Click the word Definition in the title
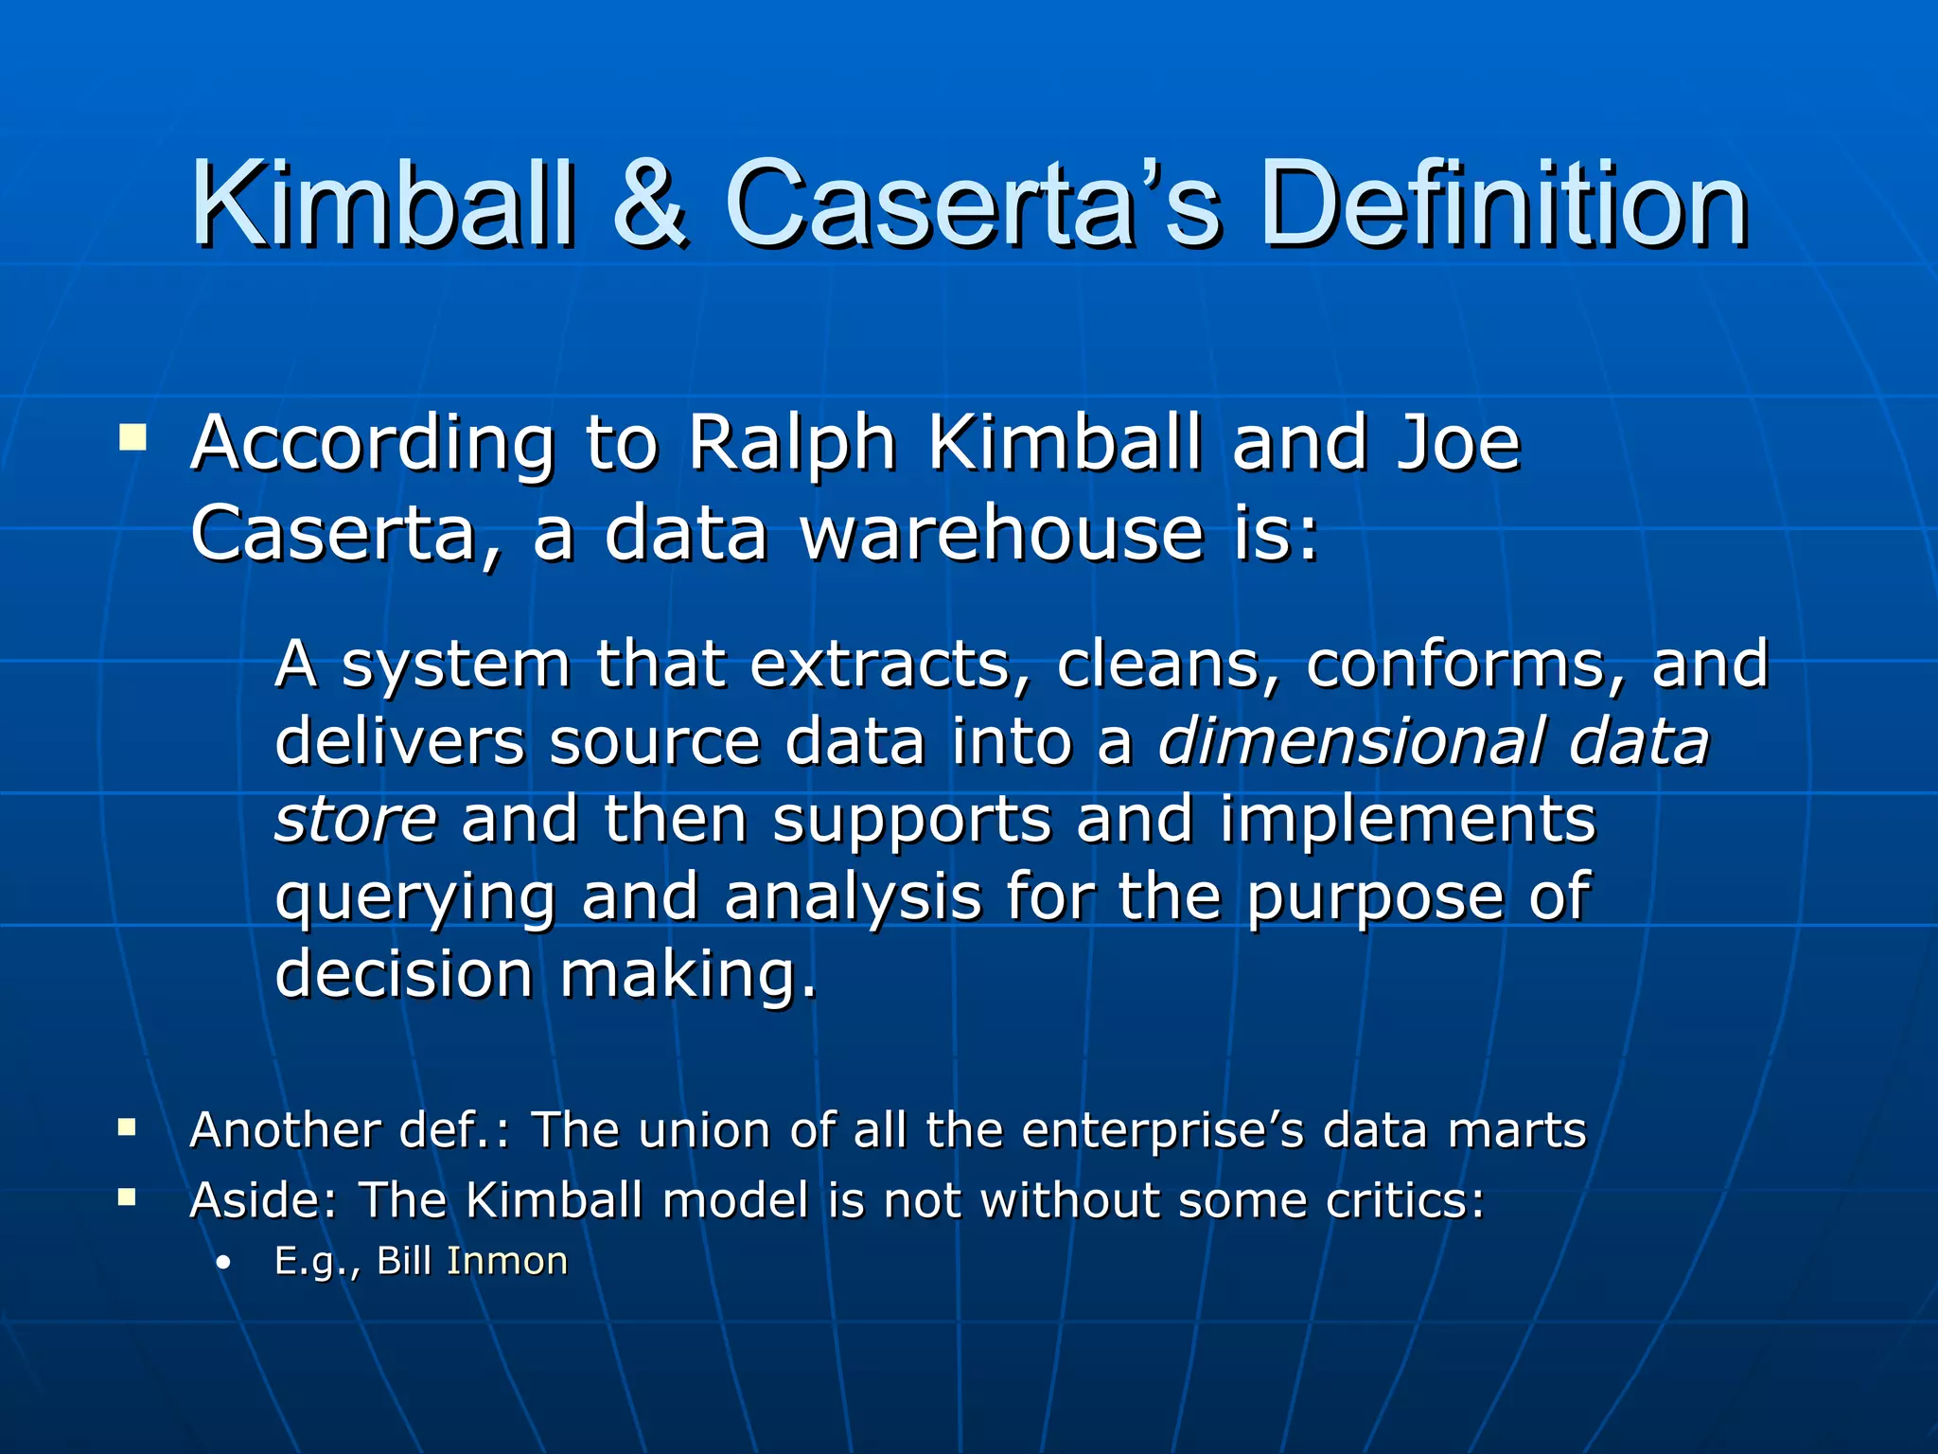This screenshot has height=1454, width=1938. click(1504, 204)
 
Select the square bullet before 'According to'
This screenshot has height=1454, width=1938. click(132, 438)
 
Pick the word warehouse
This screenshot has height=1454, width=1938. click(1003, 533)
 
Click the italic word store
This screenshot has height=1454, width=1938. click(356, 819)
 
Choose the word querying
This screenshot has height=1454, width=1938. click(415, 898)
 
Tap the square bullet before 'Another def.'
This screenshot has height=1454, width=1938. click(127, 1127)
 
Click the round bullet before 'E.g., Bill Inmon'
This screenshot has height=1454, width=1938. click(223, 1263)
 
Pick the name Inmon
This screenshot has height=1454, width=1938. click(507, 1261)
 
